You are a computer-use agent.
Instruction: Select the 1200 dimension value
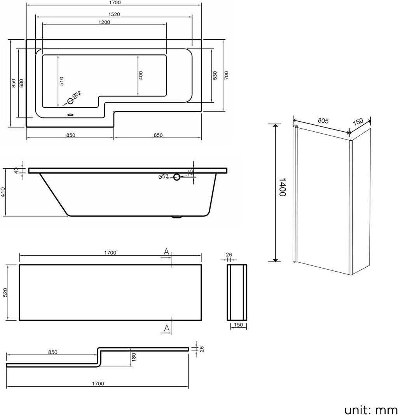pos(104,22)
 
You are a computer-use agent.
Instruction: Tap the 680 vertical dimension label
pos(21,83)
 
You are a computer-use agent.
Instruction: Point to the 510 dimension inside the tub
pos(62,81)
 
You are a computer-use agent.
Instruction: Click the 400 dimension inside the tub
pos(141,75)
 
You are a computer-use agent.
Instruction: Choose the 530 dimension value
pos(215,76)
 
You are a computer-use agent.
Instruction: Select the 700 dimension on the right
pos(226,76)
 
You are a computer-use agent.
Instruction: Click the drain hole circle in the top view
pos(70,101)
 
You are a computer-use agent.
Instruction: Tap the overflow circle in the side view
pos(177,177)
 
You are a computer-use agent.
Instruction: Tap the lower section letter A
pos(166,329)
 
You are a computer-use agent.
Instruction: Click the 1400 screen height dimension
pos(283,187)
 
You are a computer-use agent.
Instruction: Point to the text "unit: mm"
pos(370,409)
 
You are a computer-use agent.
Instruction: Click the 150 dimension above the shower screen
pos(358,121)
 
